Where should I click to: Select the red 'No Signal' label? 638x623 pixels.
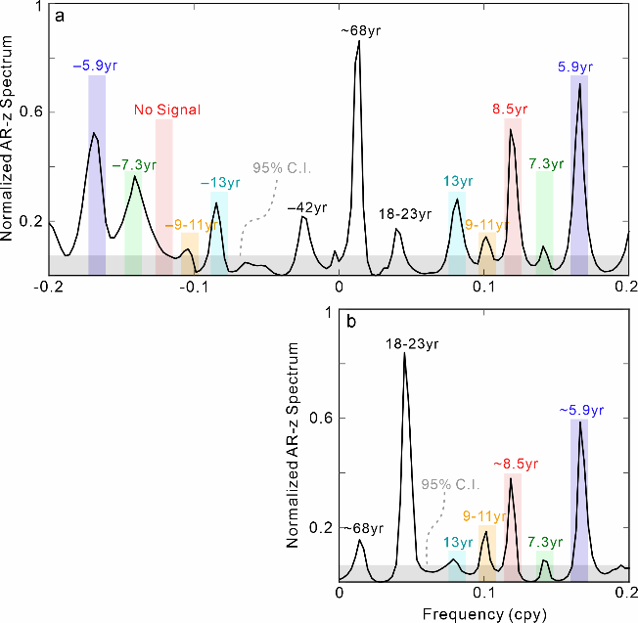coord(167,111)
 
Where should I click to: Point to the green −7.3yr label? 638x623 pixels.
coord(135,164)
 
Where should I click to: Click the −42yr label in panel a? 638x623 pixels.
coord(305,206)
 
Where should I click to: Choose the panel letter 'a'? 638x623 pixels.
coord(60,17)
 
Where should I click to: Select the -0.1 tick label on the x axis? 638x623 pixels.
coord(192,288)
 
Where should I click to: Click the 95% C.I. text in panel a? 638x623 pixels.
coord(282,167)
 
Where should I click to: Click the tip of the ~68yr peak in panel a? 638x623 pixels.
coord(358,42)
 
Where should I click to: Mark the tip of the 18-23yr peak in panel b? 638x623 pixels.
coord(404,353)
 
